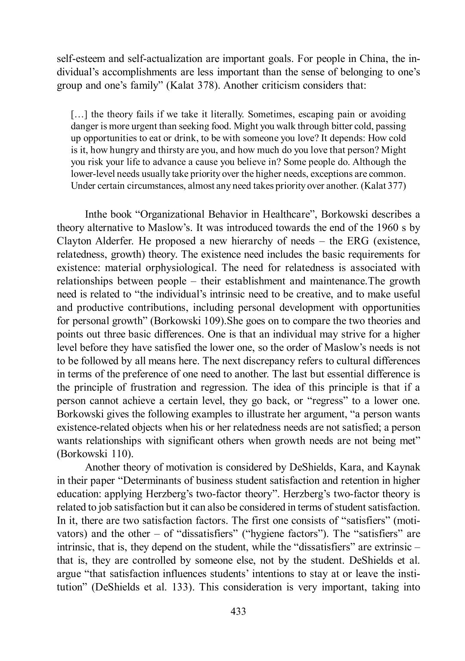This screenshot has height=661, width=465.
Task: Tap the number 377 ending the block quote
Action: click(398, 186)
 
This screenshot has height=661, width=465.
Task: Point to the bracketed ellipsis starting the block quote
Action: click(78, 114)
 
